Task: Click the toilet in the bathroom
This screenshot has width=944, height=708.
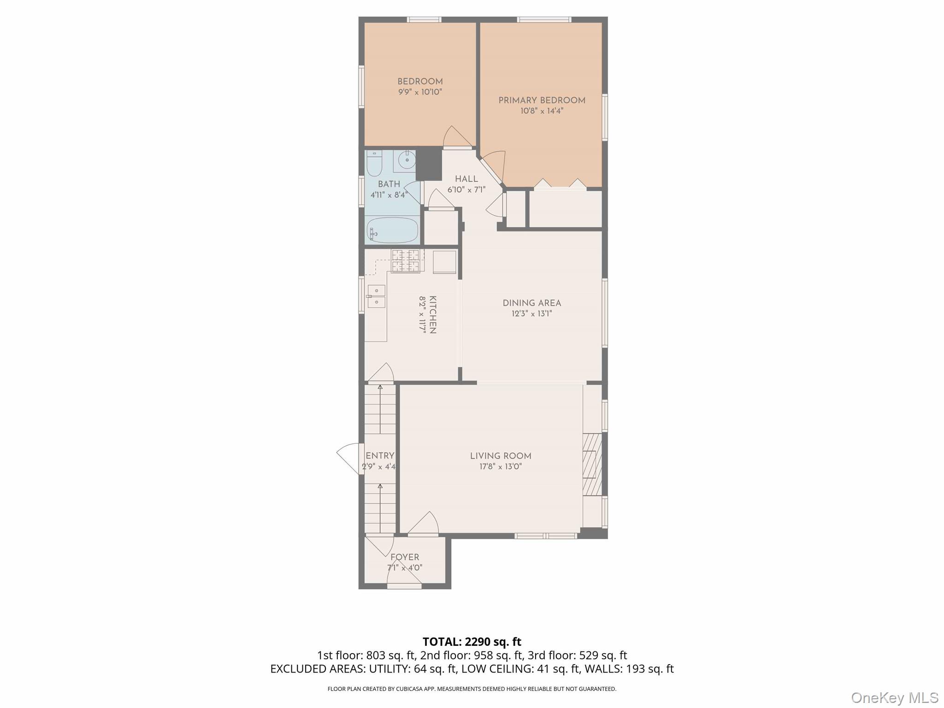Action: pyautogui.click(x=374, y=163)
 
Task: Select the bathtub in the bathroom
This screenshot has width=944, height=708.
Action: pyautogui.click(x=392, y=230)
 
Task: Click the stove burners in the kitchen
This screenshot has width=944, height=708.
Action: pyautogui.click(x=406, y=261)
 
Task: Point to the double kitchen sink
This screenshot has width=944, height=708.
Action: pyautogui.click(x=376, y=296)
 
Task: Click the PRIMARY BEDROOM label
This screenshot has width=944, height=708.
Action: pyautogui.click(x=542, y=100)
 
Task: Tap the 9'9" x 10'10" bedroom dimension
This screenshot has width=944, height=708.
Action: pyautogui.click(x=420, y=92)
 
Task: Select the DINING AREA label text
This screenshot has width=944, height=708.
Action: pyautogui.click(x=531, y=303)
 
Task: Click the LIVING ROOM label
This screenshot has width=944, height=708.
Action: pyautogui.click(x=501, y=456)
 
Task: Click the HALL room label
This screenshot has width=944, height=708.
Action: pyautogui.click(x=466, y=179)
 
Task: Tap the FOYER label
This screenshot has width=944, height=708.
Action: pyautogui.click(x=405, y=557)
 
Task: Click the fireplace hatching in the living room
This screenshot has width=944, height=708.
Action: pyautogui.click(x=592, y=464)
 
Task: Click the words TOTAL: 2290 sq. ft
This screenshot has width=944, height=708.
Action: pyautogui.click(x=472, y=642)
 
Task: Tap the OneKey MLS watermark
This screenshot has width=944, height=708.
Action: pyautogui.click(x=895, y=697)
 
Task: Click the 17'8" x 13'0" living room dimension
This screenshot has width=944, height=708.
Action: pyautogui.click(x=501, y=466)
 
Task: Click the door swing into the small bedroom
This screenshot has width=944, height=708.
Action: pyautogui.click(x=457, y=136)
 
